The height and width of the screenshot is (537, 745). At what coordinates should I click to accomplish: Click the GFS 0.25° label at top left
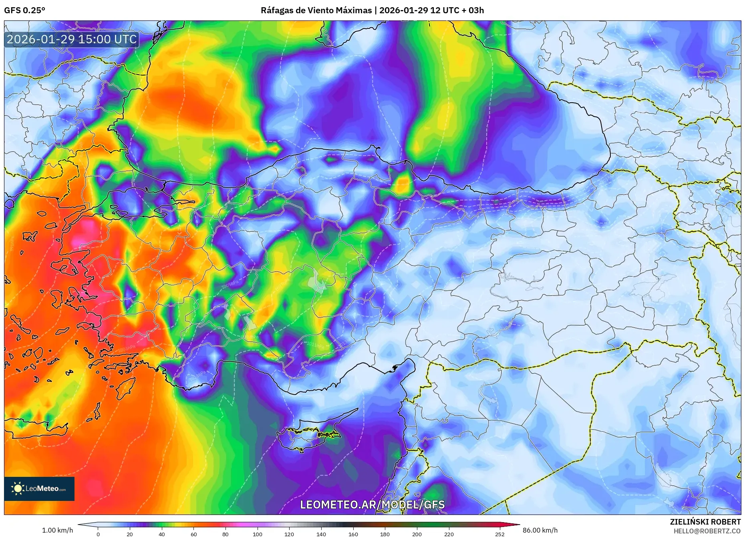pyautogui.click(x=24, y=10)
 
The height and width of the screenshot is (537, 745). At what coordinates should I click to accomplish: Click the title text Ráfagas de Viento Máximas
pyautogui.click(x=316, y=10)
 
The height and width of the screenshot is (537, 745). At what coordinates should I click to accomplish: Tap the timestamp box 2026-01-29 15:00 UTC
pyautogui.click(x=72, y=39)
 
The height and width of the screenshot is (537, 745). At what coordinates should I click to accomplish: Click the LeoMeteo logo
pyautogui.click(x=39, y=488)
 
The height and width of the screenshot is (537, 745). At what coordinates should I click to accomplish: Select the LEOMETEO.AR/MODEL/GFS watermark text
pyautogui.click(x=372, y=505)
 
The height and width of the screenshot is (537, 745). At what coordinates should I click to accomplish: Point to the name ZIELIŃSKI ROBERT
pyautogui.click(x=705, y=522)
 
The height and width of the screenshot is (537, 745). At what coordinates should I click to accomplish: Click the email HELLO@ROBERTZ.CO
pyautogui.click(x=707, y=531)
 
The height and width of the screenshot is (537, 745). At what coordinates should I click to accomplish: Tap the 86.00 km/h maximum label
pyautogui.click(x=540, y=530)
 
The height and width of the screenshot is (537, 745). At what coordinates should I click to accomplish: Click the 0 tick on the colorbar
pyautogui.click(x=98, y=534)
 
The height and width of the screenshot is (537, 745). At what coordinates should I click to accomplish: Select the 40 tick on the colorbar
pyautogui.click(x=162, y=534)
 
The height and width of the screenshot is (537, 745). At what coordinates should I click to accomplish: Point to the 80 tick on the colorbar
pyautogui.click(x=226, y=534)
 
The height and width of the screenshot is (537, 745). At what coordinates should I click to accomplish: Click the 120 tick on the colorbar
pyautogui.click(x=289, y=534)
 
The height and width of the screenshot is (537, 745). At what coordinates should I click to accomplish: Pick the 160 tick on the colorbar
pyautogui.click(x=353, y=534)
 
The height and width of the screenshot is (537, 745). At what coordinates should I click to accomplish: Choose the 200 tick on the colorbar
pyautogui.click(x=417, y=534)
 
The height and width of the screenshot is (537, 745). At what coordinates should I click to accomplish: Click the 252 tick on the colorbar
pyautogui.click(x=499, y=534)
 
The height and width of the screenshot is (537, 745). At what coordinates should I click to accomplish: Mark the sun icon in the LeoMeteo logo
pyautogui.click(x=18, y=488)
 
